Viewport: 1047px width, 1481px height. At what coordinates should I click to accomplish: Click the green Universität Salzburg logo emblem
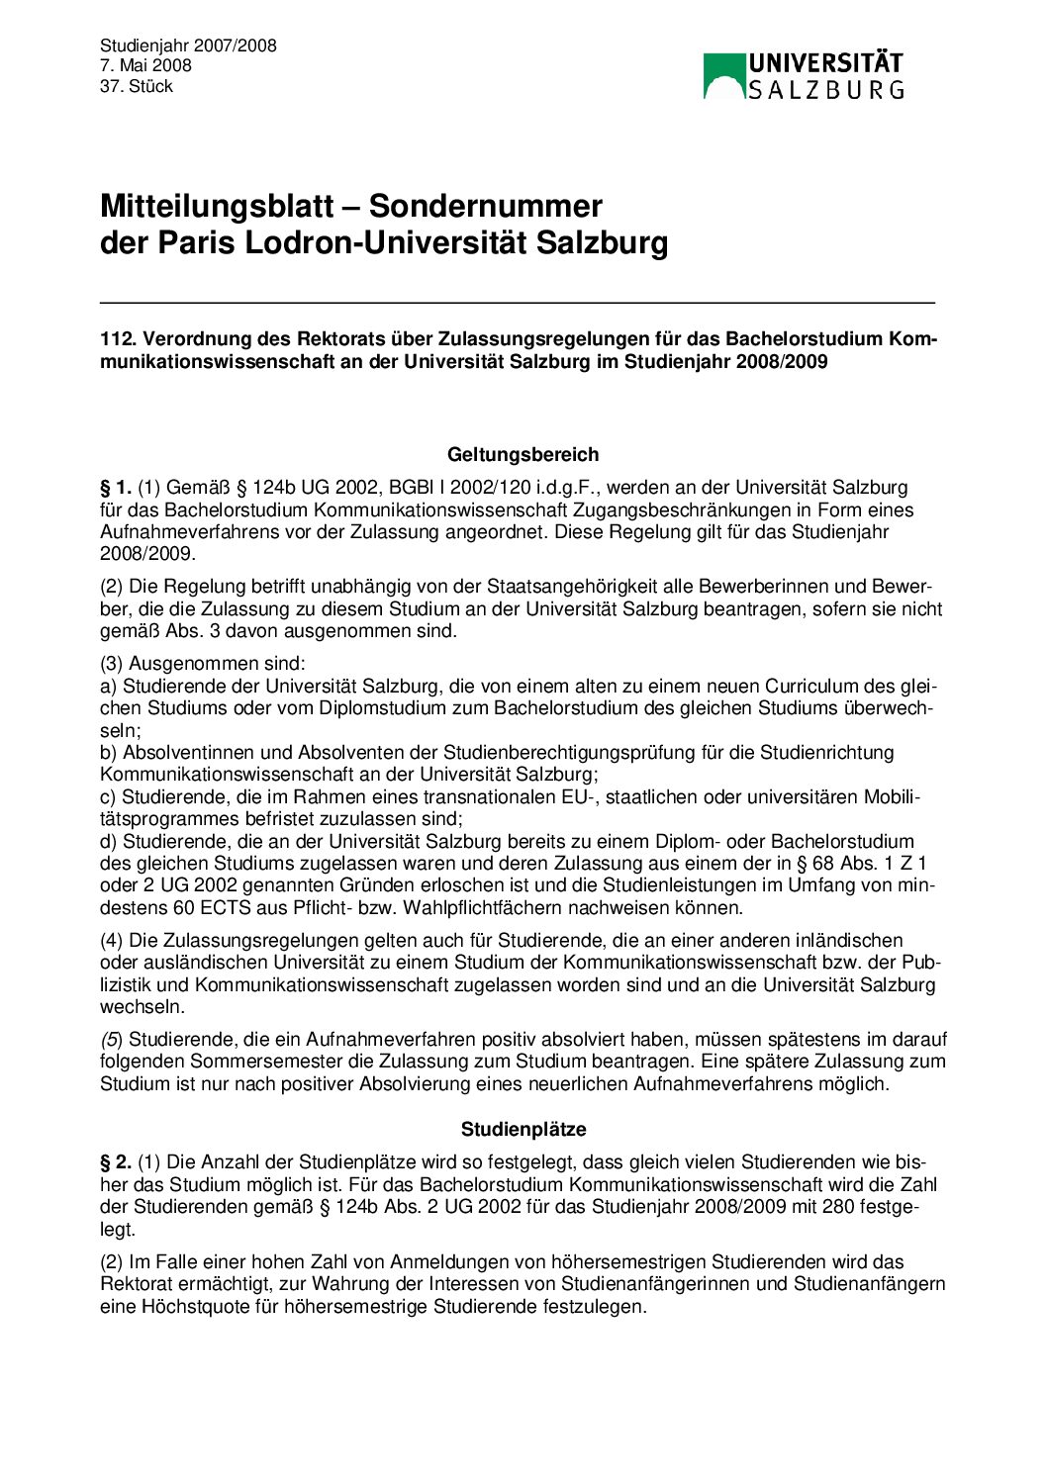click(x=723, y=76)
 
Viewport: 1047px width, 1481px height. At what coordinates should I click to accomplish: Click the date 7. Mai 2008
click(x=145, y=66)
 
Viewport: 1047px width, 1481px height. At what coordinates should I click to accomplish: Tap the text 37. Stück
click(x=136, y=87)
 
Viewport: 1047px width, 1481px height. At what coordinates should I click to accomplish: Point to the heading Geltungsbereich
click(x=523, y=455)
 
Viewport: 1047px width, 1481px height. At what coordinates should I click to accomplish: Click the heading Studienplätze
click(x=523, y=1130)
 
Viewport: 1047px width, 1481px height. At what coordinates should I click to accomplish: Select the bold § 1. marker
click(x=115, y=488)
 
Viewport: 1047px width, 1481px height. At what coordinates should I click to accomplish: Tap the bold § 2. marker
click(x=115, y=1162)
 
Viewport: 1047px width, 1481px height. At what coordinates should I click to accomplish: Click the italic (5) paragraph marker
click(x=112, y=1040)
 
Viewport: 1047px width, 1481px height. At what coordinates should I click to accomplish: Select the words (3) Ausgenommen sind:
click(x=203, y=664)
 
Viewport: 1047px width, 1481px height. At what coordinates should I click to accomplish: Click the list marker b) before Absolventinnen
click(x=109, y=753)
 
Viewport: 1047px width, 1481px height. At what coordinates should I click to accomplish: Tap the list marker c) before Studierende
click(x=109, y=797)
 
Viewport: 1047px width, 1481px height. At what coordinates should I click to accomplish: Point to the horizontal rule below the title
click(x=517, y=303)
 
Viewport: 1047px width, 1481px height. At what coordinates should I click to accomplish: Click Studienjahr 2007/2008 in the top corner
click(x=188, y=46)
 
